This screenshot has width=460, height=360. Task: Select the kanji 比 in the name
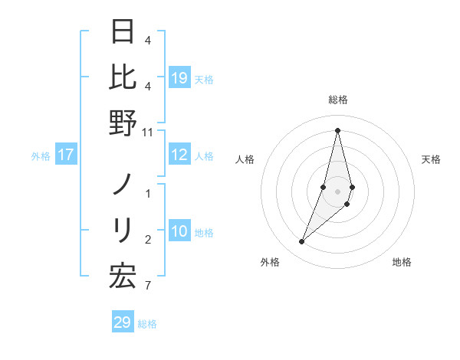pos(123,77)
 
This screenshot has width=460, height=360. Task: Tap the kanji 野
pos(123,123)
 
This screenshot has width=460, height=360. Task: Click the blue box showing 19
pos(179,78)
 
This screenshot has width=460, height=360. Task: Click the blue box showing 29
pos(123,322)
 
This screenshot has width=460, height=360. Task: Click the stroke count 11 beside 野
pos(149,133)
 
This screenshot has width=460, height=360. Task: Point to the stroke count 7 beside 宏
pos(148,286)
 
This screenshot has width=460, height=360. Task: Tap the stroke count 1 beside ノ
pos(148,194)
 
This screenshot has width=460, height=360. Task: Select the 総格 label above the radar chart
pos(337,100)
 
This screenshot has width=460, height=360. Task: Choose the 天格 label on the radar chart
pos(431,159)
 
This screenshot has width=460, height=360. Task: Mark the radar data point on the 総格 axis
pos(337,129)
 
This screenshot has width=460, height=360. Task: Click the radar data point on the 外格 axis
pos(302,242)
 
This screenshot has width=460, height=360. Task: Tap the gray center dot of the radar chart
pos(337,191)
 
